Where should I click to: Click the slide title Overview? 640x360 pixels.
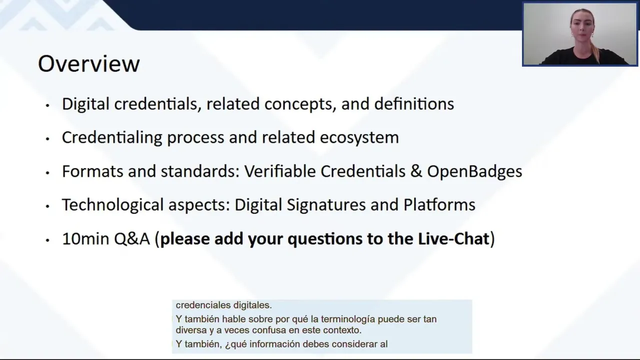(89, 63)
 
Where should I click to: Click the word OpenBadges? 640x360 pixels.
(474, 171)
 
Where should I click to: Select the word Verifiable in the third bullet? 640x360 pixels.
(280, 171)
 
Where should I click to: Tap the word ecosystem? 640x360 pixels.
(359, 138)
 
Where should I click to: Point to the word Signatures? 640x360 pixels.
(326, 205)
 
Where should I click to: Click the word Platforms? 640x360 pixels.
(439, 205)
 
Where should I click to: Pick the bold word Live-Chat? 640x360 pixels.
(453, 239)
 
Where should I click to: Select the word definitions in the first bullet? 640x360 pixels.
(414, 104)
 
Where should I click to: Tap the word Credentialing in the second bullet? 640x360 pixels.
(112, 138)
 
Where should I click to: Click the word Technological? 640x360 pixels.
(113, 205)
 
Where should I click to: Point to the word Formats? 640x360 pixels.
(92, 171)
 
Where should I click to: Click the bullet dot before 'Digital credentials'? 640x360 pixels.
(47, 105)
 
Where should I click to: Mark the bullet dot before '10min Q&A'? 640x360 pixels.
(47, 240)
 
